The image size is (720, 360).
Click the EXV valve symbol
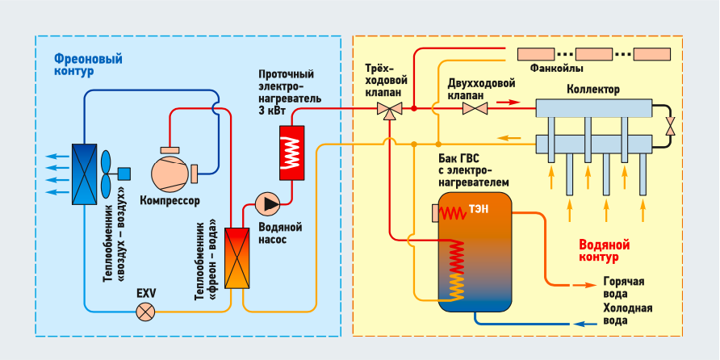point(145,311)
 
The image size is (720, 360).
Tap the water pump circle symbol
point(266,203)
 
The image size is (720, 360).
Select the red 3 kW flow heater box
point(291,153)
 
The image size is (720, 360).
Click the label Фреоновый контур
point(78,65)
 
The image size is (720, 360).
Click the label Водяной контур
point(604,251)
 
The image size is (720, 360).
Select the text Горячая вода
point(623,289)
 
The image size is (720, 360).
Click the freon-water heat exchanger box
point(237,257)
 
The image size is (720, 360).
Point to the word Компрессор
point(170,200)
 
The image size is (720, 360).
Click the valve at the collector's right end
point(671,126)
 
